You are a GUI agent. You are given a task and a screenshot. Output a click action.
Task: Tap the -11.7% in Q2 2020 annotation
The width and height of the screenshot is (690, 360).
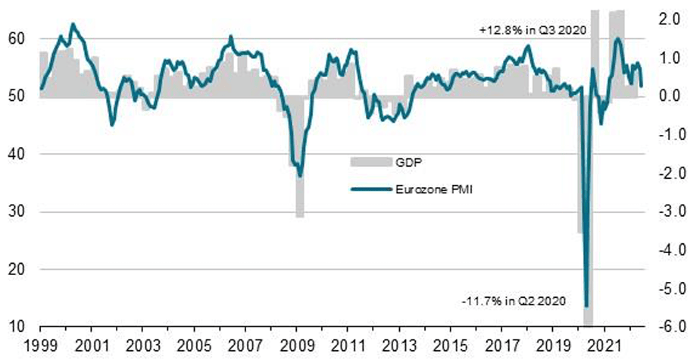click(x=508, y=302)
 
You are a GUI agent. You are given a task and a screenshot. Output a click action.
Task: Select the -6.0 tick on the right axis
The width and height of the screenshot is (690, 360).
click(x=665, y=327)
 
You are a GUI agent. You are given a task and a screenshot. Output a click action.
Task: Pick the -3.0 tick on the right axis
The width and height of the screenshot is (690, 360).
click(x=665, y=211)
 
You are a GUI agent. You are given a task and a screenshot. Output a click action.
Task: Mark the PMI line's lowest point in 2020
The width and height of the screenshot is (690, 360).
click(x=586, y=305)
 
